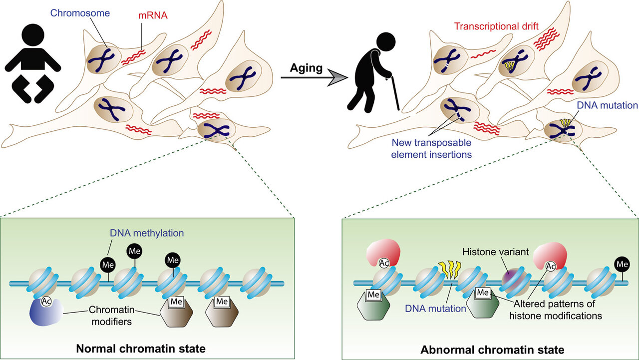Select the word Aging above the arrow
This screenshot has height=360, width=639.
tap(307, 68)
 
